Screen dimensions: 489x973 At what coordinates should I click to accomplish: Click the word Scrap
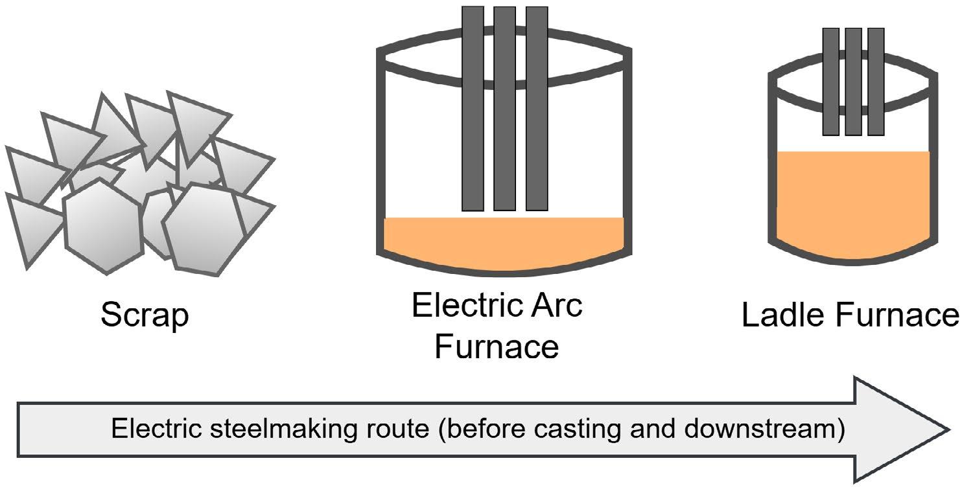[145, 316]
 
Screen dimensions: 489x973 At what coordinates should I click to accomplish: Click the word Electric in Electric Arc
[461, 306]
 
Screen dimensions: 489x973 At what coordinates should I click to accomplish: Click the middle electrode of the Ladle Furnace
[853, 81]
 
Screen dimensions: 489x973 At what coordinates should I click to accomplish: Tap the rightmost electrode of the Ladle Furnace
[876, 81]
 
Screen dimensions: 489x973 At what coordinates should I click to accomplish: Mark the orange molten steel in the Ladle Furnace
[852, 201]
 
